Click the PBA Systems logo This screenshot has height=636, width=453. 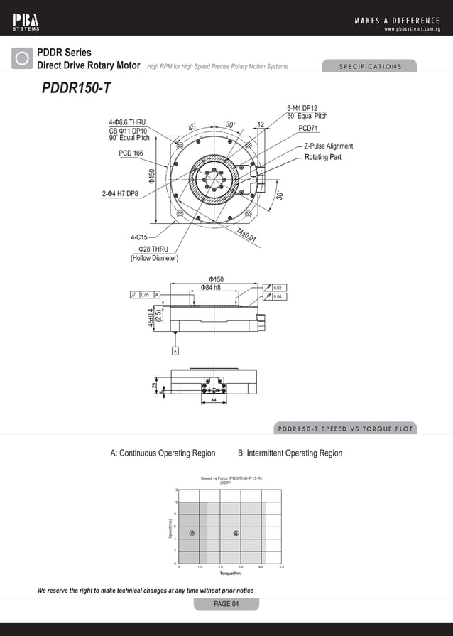pyautogui.click(x=26, y=19)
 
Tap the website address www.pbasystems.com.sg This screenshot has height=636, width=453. pyautogui.click(x=412, y=29)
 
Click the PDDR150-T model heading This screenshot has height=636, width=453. pyautogui.click(x=76, y=88)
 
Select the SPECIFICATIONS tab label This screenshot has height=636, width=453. pyautogui.click(x=369, y=67)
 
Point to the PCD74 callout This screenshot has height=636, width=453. pyautogui.click(x=308, y=129)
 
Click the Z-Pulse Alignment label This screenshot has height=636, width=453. pyautogui.click(x=328, y=146)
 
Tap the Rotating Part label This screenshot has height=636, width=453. pyautogui.click(x=323, y=157)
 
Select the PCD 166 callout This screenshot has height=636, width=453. pyautogui.click(x=131, y=153)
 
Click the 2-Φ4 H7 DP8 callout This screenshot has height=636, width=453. pyautogui.click(x=120, y=193)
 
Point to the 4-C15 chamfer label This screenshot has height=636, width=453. pyautogui.click(x=139, y=237)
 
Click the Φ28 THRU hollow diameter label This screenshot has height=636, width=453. pyautogui.click(x=153, y=249)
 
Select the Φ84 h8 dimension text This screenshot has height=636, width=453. pyautogui.click(x=210, y=287)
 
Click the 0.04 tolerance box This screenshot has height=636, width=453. pyautogui.click(x=278, y=296)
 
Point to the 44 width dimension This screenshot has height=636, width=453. pyautogui.click(x=214, y=401)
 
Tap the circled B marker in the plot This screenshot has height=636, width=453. pyautogui.click(x=236, y=533)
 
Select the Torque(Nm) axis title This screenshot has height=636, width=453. pyautogui.click(x=231, y=573)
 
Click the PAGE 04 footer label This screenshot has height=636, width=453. pyautogui.click(x=226, y=604)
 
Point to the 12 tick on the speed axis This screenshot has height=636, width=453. pyautogui.click(x=175, y=490)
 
